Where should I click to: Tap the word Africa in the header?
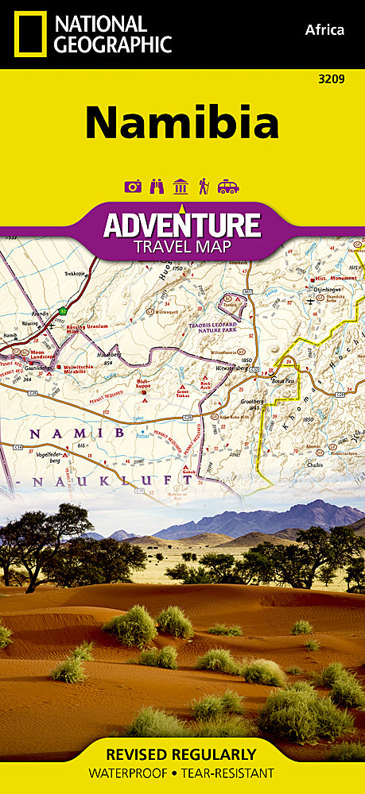click(x=324, y=30)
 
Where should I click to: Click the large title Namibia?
click(x=182, y=123)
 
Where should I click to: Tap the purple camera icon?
click(x=133, y=187)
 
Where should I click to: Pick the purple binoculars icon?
click(x=157, y=187)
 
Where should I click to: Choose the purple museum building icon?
click(x=181, y=187)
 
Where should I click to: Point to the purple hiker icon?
click(x=204, y=187)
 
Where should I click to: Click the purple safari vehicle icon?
click(x=228, y=187)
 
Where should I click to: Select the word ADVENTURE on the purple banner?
click(x=182, y=226)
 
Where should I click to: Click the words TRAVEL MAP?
click(x=182, y=247)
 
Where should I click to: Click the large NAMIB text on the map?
click(x=77, y=433)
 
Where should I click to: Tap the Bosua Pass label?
click(x=283, y=382)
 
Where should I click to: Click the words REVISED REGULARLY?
click(x=182, y=754)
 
